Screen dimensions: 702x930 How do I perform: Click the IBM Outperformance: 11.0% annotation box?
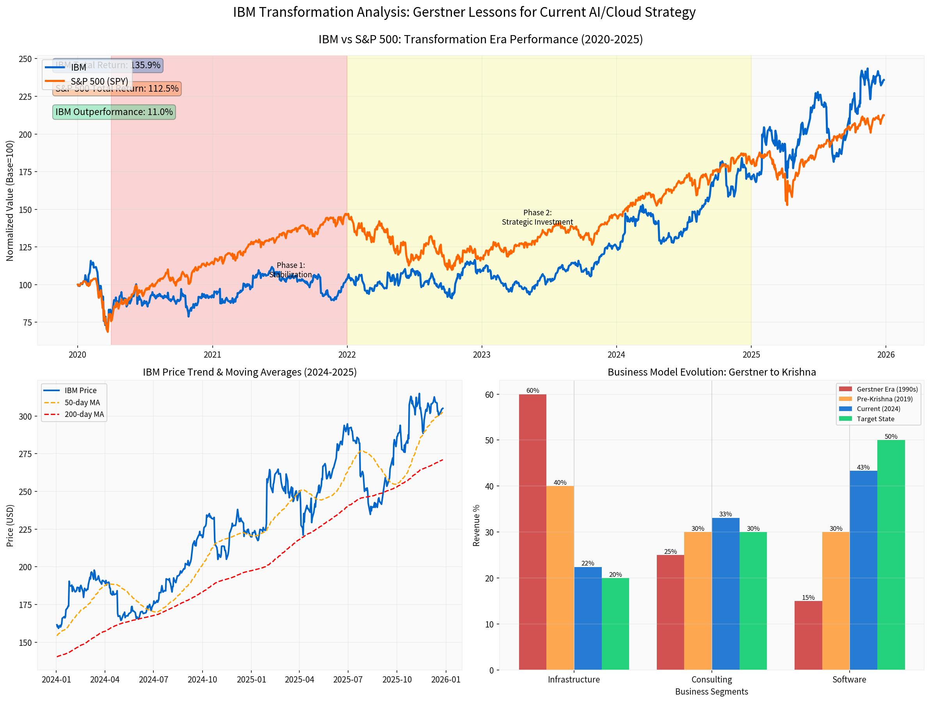click(x=114, y=112)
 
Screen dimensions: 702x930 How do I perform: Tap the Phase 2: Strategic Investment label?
click(x=537, y=217)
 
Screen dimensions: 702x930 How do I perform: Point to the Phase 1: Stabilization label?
click(x=290, y=270)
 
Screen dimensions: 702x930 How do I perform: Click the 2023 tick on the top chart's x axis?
click(x=482, y=355)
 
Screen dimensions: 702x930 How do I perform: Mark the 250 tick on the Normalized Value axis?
click(x=25, y=59)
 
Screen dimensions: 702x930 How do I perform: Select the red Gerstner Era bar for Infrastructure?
click(x=532, y=532)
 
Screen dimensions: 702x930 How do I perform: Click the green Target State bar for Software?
click(x=891, y=554)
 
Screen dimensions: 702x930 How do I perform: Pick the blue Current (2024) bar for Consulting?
click(x=725, y=593)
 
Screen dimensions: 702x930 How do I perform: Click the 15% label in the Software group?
click(x=808, y=597)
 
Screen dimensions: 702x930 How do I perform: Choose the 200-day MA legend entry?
click(x=84, y=414)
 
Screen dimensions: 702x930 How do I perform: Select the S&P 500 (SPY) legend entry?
click(x=99, y=81)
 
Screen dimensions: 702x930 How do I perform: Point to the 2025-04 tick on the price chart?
click(x=299, y=680)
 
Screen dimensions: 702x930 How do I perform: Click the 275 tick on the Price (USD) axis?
click(x=25, y=454)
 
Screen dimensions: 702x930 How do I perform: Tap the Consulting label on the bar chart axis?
click(x=711, y=679)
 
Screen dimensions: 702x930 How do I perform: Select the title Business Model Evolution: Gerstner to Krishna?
click(x=711, y=372)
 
